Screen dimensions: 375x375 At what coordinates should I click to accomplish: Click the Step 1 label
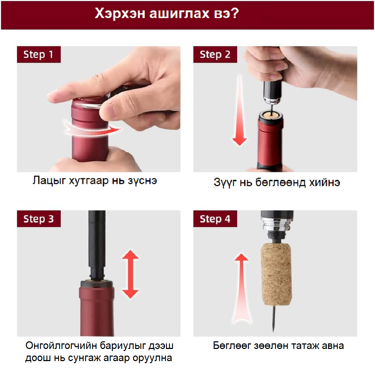[x=39, y=55]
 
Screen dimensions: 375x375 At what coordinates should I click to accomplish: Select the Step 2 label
[x=215, y=55]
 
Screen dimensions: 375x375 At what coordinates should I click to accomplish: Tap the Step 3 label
[x=39, y=219]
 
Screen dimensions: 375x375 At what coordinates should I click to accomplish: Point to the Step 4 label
[x=215, y=219]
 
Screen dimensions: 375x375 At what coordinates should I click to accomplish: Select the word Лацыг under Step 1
[x=49, y=181]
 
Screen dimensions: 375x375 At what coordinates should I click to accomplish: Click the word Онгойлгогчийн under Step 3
[x=61, y=346]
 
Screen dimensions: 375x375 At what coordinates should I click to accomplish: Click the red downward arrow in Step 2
[x=240, y=110]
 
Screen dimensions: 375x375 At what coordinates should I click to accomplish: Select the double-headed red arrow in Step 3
[x=130, y=274]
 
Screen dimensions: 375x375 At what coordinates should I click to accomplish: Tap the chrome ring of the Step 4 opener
[x=276, y=225]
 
